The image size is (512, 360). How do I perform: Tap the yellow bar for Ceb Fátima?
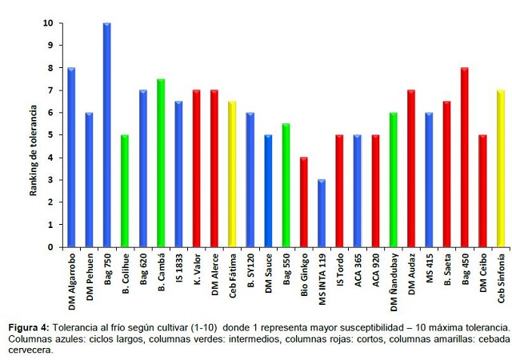pos(232,174)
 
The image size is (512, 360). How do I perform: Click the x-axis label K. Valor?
pos(197,277)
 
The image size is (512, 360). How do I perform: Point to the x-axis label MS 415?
pos(430,276)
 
